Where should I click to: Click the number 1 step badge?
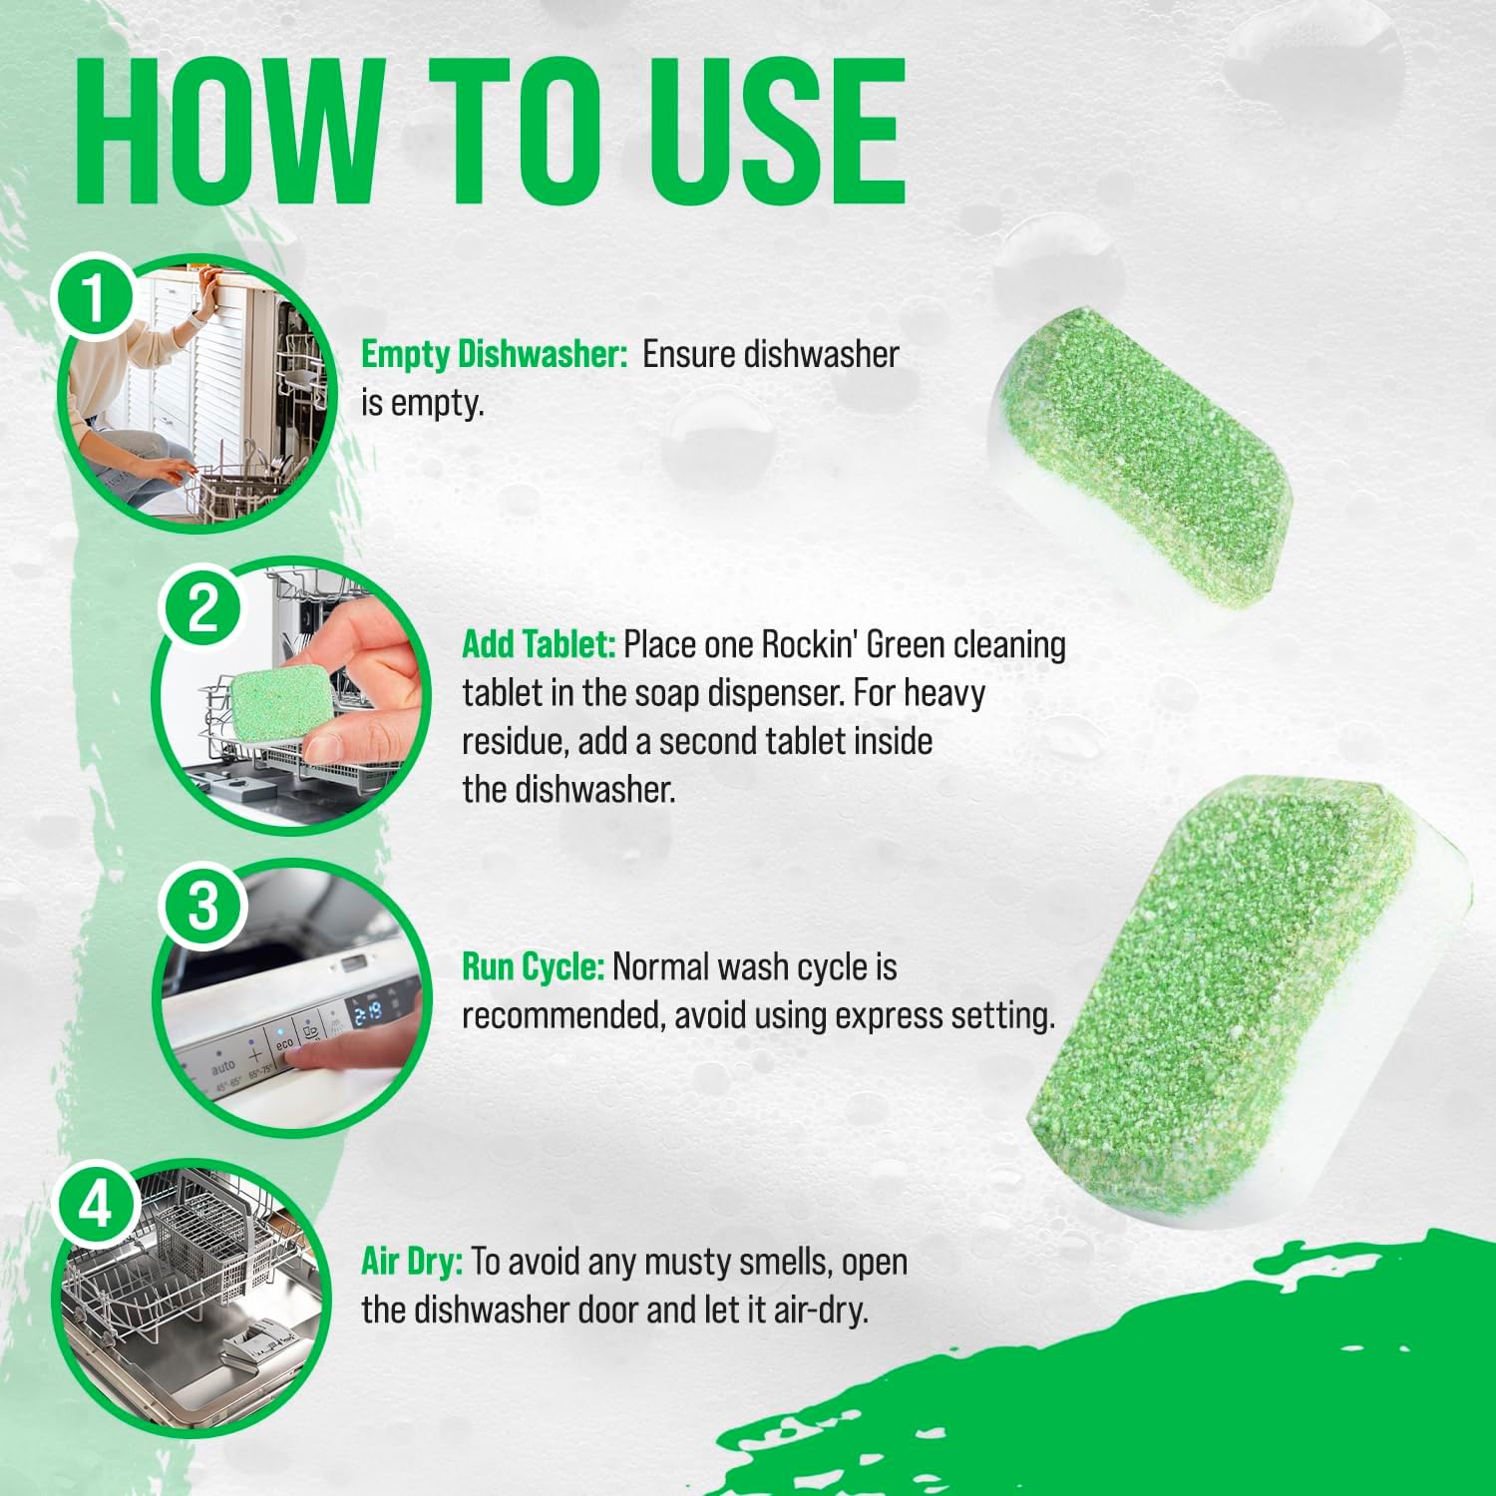coord(94,296)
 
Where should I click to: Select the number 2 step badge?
coord(202,606)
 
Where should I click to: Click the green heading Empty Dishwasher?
coord(494,354)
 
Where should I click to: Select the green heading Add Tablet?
coord(538,644)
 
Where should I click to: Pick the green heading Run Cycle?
coord(533,966)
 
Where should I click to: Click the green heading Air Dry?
coord(411,1262)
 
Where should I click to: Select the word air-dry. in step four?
coord(820,1309)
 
